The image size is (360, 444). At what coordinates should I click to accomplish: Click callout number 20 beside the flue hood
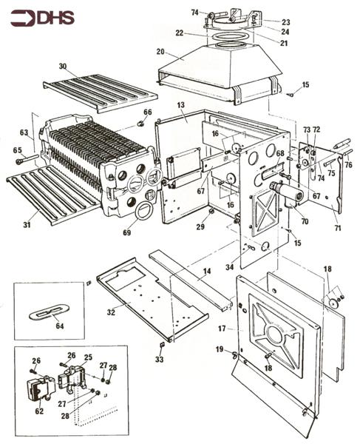[x=160, y=53]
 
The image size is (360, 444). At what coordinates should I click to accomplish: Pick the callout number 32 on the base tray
[x=111, y=313]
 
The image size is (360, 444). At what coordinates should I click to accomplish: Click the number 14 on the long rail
[x=207, y=272]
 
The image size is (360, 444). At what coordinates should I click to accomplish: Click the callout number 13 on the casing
[x=180, y=107]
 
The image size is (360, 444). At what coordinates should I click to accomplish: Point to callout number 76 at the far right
[x=349, y=165]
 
